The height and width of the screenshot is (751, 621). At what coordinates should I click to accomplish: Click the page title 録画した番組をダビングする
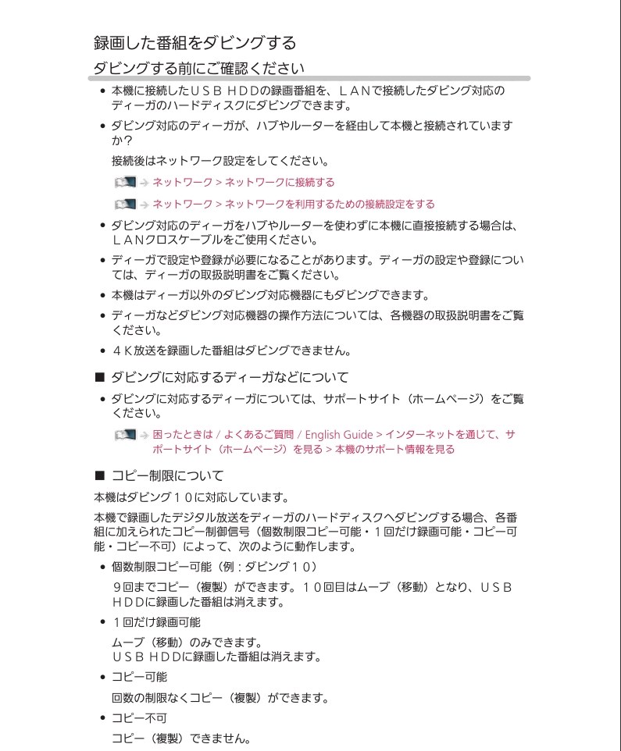pyautogui.click(x=195, y=42)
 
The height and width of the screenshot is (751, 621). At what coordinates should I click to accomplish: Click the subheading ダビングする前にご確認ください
pyautogui.click(x=198, y=68)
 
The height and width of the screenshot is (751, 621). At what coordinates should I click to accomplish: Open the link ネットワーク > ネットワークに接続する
pyautogui.click(x=243, y=183)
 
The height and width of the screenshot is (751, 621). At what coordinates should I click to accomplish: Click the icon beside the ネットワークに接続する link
pyautogui.click(x=124, y=183)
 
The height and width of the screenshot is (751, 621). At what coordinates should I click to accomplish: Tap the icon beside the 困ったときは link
pyautogui.click(x=124, y=434)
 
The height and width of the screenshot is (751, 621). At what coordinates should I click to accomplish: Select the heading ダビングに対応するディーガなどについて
pyautogui.click(x=230, y=377)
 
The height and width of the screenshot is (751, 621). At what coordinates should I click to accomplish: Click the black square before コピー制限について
pyautogui.click(x=99, y=475)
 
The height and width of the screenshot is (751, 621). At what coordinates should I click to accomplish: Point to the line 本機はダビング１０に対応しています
pyautogui.click(x=191, y=497)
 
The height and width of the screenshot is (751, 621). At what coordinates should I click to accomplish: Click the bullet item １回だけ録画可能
pyautogui.click(x=156, y=622)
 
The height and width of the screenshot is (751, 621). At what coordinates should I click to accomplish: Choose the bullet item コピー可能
pyautogui.click(x=139, y=677)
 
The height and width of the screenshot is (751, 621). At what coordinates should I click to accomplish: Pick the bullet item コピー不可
pyautogui.click(x=139, y=717)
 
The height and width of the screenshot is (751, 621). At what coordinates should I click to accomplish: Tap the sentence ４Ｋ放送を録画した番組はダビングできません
pyautogui.click(x=230, y=351)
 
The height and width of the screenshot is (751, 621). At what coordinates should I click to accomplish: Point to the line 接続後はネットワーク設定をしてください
pyautogui.click(x=219, y=162)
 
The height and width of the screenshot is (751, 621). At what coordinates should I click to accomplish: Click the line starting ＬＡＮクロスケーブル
pyautogui.click(x=215, y=240)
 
